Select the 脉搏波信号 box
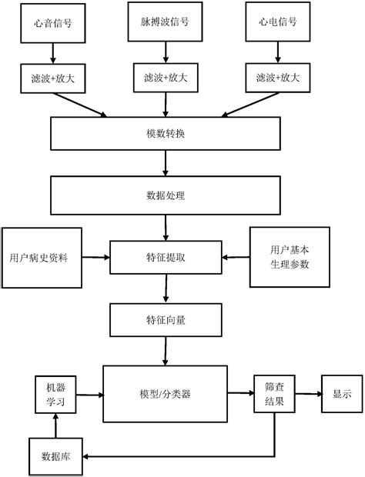[x=165, y=22]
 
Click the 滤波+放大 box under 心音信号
[x=53, y=78]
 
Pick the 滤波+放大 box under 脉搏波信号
[x=165, y=78]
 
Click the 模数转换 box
[x=165, y=133]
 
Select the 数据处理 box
[x=165, y=195]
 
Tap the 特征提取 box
[x=165, y=256]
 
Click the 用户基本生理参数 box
[x=290, y=257]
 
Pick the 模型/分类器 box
[x=165, y=393]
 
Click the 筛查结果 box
[x=274, y=393]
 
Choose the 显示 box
[x=342, y=393]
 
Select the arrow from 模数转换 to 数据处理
[x=165, y=163]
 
